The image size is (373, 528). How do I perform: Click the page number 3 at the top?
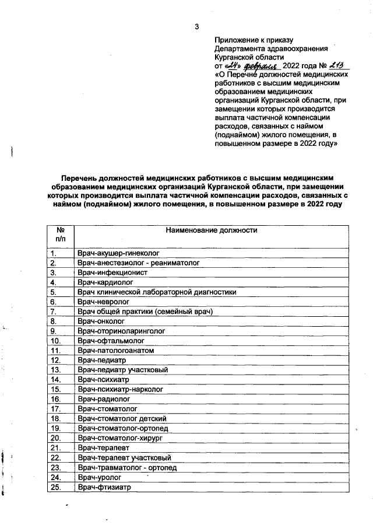tap(196, 26)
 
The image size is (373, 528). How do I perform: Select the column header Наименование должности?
tap(212, 230)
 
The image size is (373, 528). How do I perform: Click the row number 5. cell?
tap(53, 292)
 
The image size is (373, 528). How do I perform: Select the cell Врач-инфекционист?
tap(112, 272)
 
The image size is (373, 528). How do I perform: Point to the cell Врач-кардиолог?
tap(107, 282)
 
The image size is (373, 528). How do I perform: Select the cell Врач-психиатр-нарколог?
tap(120, 389)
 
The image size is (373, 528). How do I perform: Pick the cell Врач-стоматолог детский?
tap(122, 418)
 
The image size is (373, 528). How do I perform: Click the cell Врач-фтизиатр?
tap(105, 487)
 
